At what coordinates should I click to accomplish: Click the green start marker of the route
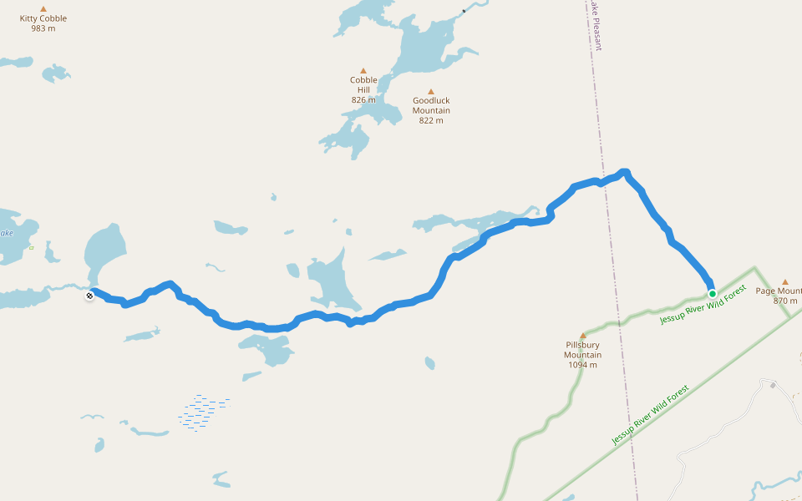[712, 293]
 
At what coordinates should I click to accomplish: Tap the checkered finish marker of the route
[89, 295]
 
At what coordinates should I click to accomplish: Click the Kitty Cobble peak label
[43, 18]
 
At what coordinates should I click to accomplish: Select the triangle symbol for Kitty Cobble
[43, 8]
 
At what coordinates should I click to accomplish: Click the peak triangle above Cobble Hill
[363, 71]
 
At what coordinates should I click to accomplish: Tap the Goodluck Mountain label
[431, 105]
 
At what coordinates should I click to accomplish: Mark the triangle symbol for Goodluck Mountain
[431, 92]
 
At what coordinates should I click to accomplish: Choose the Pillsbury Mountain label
[582, 349]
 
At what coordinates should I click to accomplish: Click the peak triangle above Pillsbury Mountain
[582, 336]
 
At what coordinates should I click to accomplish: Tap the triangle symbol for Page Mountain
[784, 282]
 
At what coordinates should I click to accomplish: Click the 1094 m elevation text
[582, 365]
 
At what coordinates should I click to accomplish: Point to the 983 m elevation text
[43, 28]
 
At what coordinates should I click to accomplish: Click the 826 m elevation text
[363, 100]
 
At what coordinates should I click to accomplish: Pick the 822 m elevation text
[431, 120]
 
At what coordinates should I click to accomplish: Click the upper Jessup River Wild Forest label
[702, 304]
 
